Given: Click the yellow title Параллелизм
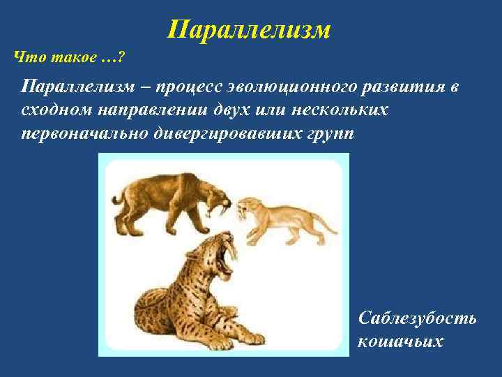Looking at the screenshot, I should click(x=249, y=29).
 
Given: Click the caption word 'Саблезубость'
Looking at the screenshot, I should click(x=417, y=318).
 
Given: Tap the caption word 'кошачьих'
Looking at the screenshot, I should click(x=399, y=341).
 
